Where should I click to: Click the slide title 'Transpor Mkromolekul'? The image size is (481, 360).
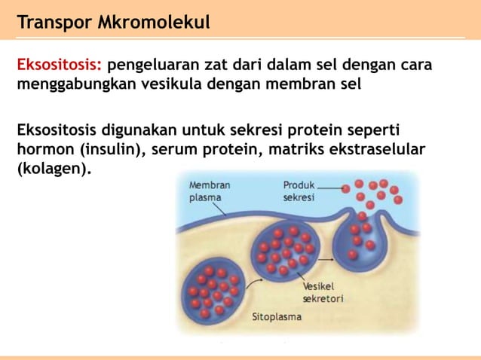[x=113, y=22]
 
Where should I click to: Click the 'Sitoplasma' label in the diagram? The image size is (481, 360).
[x=276, y=317]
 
